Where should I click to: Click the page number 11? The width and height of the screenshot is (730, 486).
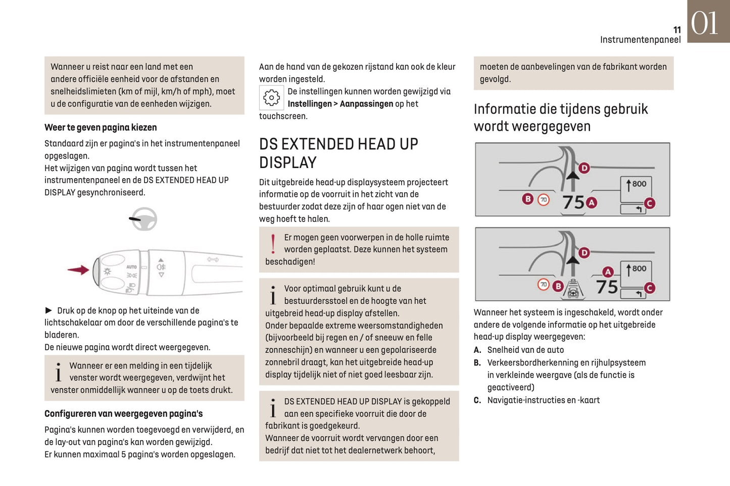(x=677, y=30)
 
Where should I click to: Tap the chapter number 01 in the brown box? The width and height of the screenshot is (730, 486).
(x=704, y=23)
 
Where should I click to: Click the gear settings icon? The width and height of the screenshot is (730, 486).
(x=271, y=97)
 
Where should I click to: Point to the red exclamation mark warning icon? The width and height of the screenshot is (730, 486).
(x=273, y=244)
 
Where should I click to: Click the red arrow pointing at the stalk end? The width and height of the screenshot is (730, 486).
(x=78, y=270)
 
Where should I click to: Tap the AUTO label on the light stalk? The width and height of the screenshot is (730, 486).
(x=131, y=266)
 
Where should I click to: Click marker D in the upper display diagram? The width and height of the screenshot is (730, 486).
(x=584, y=168)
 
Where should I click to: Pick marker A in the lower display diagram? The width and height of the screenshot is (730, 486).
(x=608, y=272)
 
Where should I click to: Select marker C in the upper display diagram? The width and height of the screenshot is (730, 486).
(x=649, y=203)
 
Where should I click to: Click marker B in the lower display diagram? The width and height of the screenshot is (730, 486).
(x=558, y=286)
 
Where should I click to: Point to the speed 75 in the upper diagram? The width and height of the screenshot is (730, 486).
(x=573, y=202)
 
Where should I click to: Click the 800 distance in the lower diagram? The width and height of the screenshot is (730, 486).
(x=639, y=268)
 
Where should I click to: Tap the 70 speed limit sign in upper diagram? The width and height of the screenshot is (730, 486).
(x=544, y=200)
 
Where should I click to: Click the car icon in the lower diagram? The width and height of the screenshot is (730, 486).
(x=573, y=290)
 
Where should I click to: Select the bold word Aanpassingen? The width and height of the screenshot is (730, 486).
(x=366, y=104)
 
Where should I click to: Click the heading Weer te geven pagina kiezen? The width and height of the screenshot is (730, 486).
(x=101, y=128)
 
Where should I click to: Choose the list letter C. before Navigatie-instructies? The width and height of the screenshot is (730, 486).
(x=477, y=400)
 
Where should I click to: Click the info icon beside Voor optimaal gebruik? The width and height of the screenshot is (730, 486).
(x=273, y=295)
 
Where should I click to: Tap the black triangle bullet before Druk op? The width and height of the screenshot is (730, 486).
(x=48, y=310)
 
